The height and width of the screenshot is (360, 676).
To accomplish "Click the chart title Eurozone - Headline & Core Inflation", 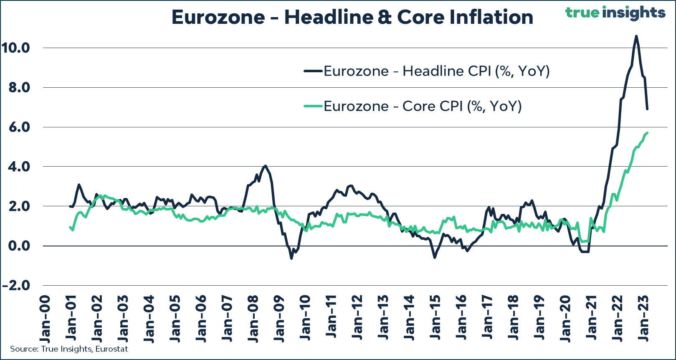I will pos(352,18).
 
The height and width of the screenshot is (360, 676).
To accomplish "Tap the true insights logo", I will pos(615,13).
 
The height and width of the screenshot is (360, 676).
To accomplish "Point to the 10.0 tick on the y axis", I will pos(15,48).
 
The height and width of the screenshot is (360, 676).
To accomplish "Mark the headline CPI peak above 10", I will pos(636,36).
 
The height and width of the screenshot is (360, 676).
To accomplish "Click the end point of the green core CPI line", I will pos(647,133).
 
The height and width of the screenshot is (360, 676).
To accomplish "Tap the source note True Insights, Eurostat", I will pos(69,349).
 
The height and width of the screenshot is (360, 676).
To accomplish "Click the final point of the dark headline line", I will pos(647,109).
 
